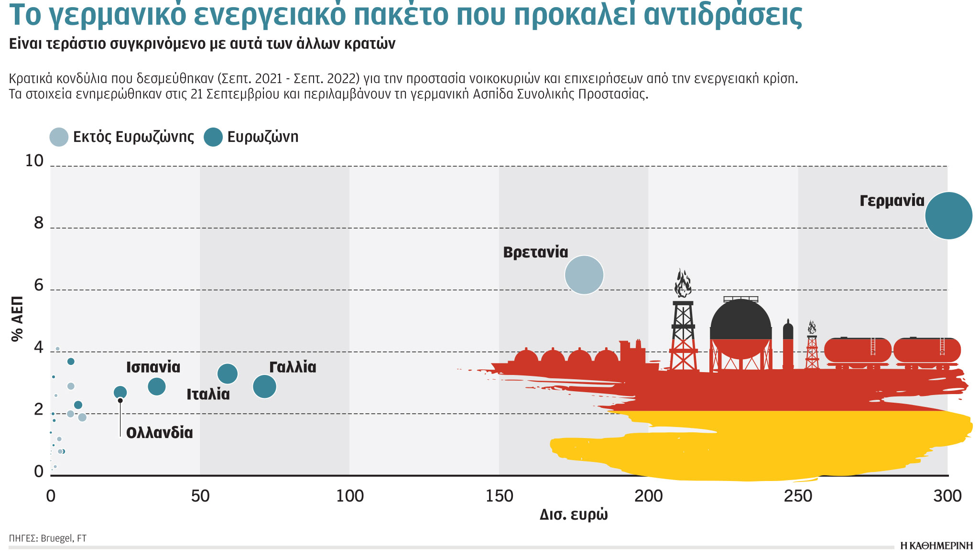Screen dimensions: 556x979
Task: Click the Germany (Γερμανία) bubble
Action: pos(948,215)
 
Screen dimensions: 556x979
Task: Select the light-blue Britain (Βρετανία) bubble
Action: pos(584,275)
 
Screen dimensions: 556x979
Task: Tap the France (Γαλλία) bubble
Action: pos(264,386)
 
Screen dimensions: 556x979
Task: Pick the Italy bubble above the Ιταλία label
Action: pos(228,374)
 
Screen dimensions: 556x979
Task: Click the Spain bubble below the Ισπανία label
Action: pos(157,386)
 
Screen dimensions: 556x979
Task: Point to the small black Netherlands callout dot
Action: pos(120,401)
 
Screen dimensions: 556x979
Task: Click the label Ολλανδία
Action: pos(159,433)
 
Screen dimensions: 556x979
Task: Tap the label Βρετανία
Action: pos(535,252)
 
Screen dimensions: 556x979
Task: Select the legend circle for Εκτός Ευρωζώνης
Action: pos(59,137)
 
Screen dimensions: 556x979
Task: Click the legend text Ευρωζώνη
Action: pos(262,137)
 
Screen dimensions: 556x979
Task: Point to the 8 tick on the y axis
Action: pos(39,223)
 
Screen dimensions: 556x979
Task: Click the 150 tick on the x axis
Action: pos(499,496)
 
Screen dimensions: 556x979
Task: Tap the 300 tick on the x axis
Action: pos(947,496)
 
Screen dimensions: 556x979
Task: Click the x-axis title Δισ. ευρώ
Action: pos(574,514)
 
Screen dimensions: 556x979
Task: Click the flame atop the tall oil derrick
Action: pos(683,283)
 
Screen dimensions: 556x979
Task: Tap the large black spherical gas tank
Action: pos(740,320)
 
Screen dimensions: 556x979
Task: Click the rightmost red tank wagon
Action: pos(926,350)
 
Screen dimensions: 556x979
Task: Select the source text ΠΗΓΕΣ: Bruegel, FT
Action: pos(48,538)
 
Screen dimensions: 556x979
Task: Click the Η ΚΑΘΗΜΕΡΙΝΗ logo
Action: pos(936,546)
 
